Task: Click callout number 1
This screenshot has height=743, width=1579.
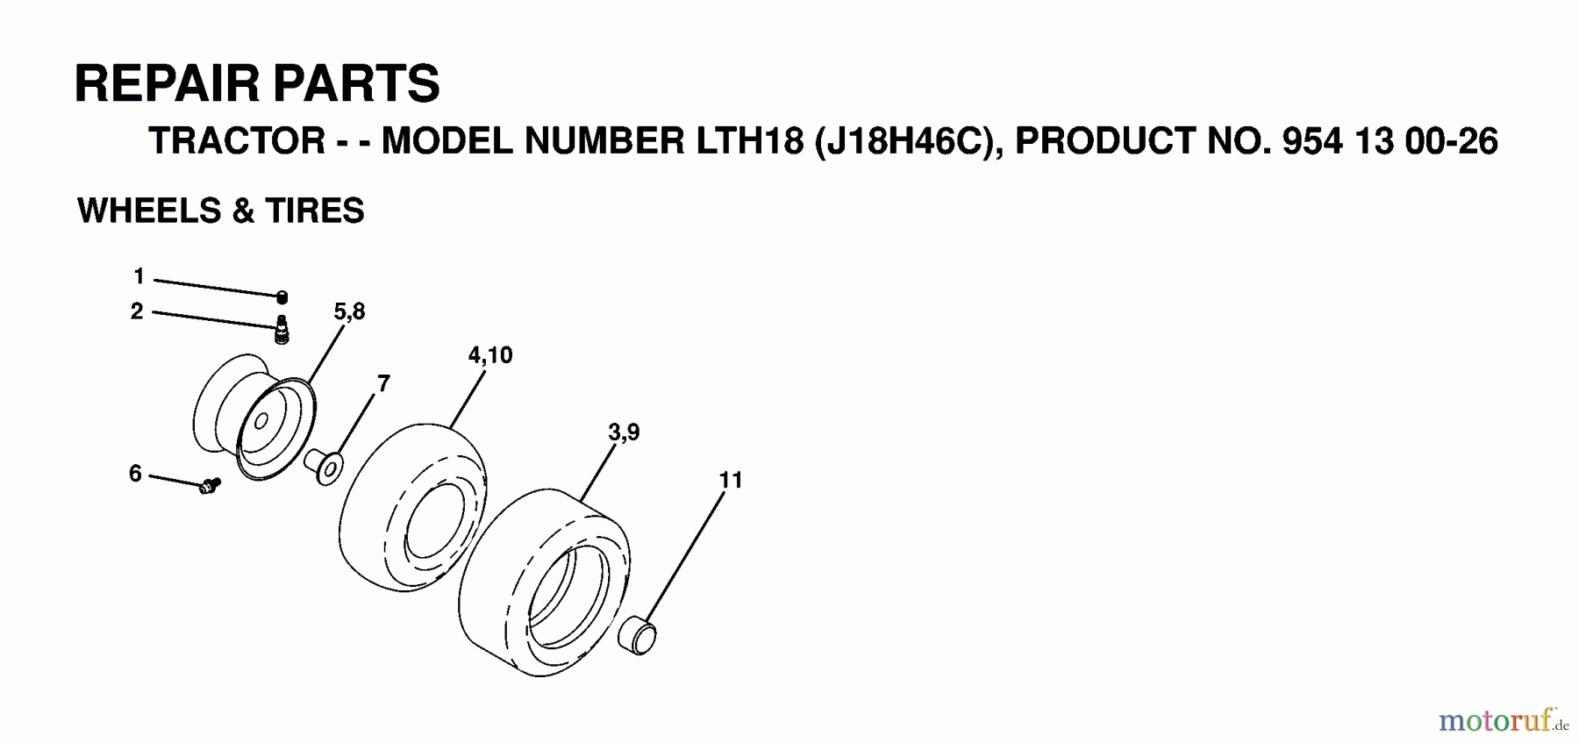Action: click(x=139, y=277)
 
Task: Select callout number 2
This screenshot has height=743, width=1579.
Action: click(x=137, y=311)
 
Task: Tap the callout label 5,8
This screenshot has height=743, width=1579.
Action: click(x=349, y=311)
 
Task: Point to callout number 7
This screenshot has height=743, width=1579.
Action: click(x=383, y=383)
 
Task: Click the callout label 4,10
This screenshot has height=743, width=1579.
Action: click(x=490, y=355)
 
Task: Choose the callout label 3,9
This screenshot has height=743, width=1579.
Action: click(x=624, y=432)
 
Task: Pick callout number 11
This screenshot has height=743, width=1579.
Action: click(x=730, y=480)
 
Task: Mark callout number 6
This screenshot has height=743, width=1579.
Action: click(x=135, y=474)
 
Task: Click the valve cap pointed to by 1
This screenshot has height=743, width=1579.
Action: click(x=282, y=297)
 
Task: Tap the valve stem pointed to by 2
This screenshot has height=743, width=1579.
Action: click(x=282, y=330)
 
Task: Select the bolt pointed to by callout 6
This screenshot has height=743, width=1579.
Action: click(x=211, y=485)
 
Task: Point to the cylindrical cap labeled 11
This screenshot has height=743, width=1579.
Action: click(x=638, y=635)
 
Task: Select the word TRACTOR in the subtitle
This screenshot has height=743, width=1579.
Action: click(x=238, y=141)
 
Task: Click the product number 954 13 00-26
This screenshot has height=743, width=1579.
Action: click(x=1390, y=141)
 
